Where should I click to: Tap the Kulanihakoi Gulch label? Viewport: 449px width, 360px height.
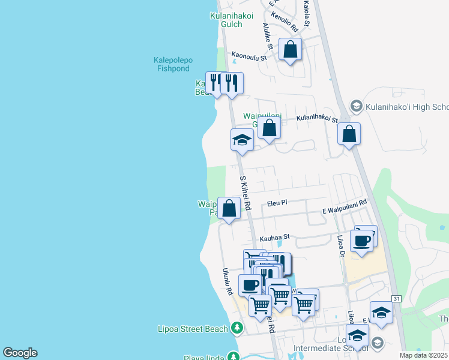pos(226,20)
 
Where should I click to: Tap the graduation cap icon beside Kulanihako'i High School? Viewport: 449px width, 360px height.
pos(356,107)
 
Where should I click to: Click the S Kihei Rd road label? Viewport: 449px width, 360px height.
pos(245,192)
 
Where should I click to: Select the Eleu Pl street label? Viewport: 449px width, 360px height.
pos(277,203)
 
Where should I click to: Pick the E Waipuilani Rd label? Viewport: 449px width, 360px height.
pos(344,207)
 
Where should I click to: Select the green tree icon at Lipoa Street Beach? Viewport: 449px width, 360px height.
pos(238,328)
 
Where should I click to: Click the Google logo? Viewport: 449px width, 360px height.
pos(20,353)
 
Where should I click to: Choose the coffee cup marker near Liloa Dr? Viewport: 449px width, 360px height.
pos(361,241)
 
